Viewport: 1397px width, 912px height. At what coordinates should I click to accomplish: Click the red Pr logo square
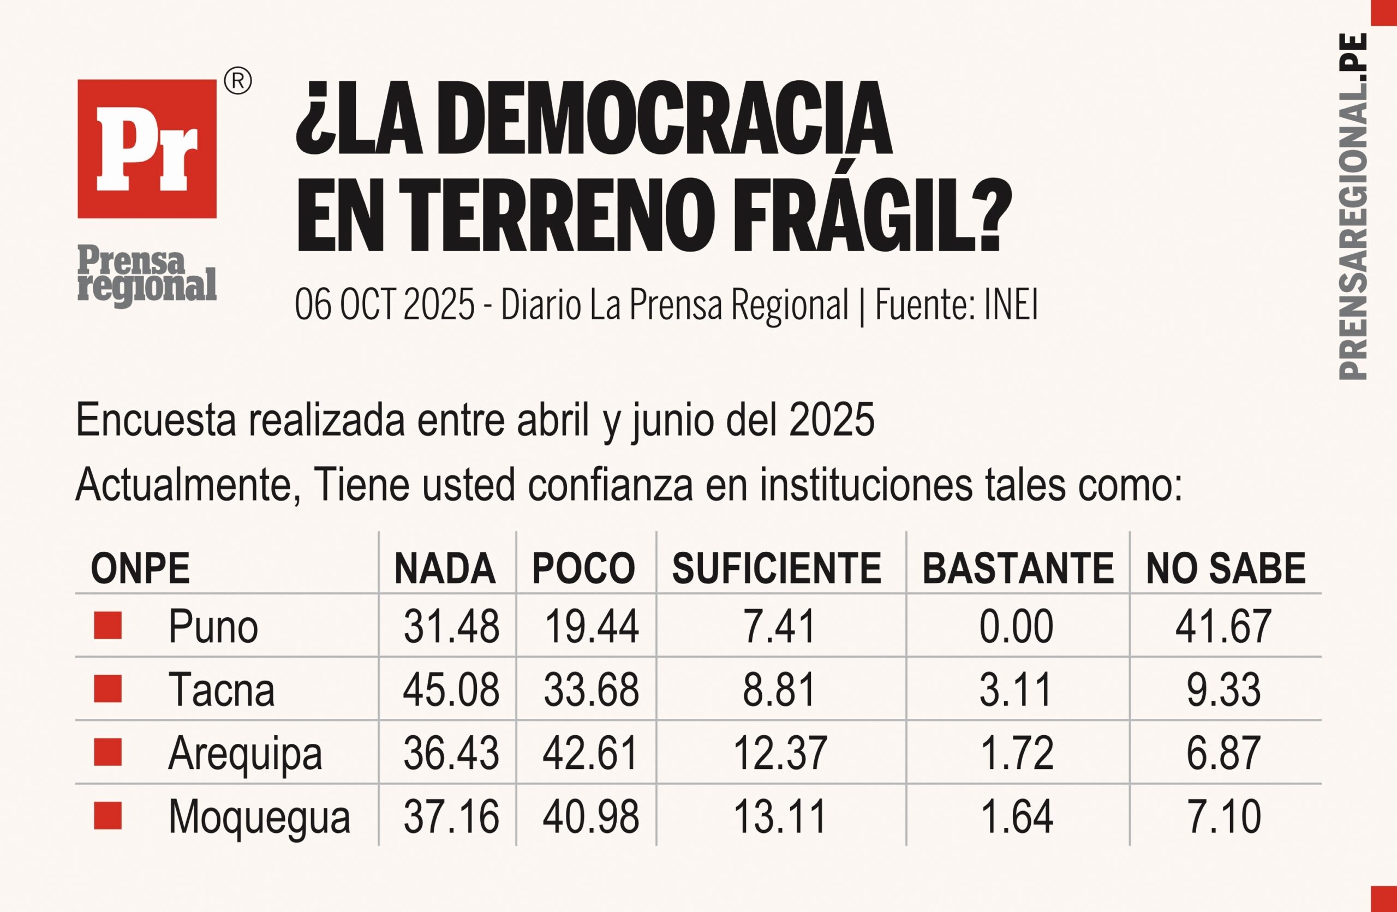147,149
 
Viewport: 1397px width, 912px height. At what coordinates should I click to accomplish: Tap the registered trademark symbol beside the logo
238,81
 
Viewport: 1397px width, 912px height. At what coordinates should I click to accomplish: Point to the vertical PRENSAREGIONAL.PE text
1353,205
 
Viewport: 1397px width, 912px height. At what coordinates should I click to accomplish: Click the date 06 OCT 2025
385,305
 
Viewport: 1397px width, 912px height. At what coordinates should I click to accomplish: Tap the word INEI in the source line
1011,305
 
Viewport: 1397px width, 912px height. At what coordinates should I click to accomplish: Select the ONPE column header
140,569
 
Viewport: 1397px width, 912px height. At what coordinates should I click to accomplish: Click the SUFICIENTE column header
777,569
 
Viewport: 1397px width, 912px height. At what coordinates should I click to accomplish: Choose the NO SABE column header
1226,569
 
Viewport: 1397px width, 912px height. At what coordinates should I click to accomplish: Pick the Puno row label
213,627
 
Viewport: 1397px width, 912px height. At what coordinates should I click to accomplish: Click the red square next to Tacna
108,689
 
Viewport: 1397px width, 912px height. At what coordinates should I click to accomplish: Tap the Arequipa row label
245,753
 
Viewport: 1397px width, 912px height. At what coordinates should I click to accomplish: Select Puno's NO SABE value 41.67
1223,627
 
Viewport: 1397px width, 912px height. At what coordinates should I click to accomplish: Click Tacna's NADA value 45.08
451,689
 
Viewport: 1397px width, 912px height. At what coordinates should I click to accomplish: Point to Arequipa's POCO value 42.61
590,753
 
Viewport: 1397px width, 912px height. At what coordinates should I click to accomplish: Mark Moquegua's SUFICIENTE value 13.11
780,816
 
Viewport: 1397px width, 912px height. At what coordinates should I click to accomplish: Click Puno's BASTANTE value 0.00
1016,627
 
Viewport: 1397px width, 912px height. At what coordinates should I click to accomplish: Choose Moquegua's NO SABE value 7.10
1224,816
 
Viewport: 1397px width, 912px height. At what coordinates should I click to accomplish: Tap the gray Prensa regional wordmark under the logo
147,275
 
